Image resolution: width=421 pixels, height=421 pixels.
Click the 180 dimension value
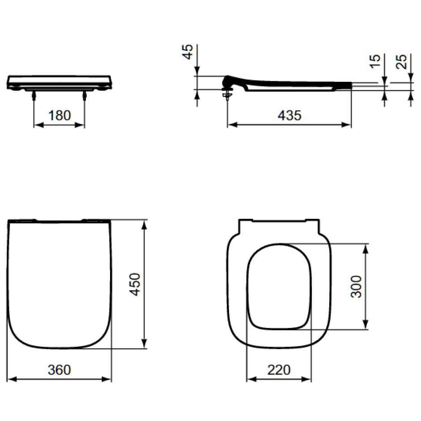pyautogui.click(x=60, y=115)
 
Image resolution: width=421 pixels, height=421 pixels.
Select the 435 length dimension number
pyautogui.click(x=289, y=115)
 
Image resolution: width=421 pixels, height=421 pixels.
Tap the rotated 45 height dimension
pyautogui.click(x=189, y=52)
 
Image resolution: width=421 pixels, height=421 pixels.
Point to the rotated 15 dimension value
pyautogui.click(x=375, y=60)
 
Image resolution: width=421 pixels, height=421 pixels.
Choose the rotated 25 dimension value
pyautogui.click(x=401, y=60)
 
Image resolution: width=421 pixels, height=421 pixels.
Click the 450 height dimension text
pyautogui.click(x=135, y=284)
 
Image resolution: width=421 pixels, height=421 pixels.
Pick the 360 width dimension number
pyautogui.click(x=60, y=370)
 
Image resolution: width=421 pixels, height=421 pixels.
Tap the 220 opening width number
pyautogui.click(x=279, y=370)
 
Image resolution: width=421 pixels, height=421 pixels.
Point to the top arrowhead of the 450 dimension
pyautogui.click(x=144, y=224)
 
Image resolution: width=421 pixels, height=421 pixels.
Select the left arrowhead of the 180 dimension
pyautogui.click(x=38, y=125)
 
